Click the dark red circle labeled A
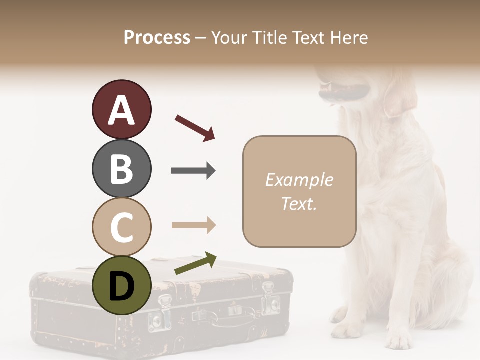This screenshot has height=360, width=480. (121, 109)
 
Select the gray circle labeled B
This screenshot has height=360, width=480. (121, 168)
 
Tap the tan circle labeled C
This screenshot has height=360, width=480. (121, 227)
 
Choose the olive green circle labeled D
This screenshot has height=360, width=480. (121, 285)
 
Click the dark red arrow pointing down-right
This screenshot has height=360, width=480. (195, 127)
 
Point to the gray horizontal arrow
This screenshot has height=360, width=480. (193, 171)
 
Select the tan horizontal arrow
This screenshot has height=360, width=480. (193, 225)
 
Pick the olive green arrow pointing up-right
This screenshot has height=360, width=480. (195, 263)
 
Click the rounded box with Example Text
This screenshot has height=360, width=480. (299, 191)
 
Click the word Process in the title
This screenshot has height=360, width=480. (157, 37)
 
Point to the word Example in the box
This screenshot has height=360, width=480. (299, 180)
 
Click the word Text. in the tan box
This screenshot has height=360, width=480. (299, 203)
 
